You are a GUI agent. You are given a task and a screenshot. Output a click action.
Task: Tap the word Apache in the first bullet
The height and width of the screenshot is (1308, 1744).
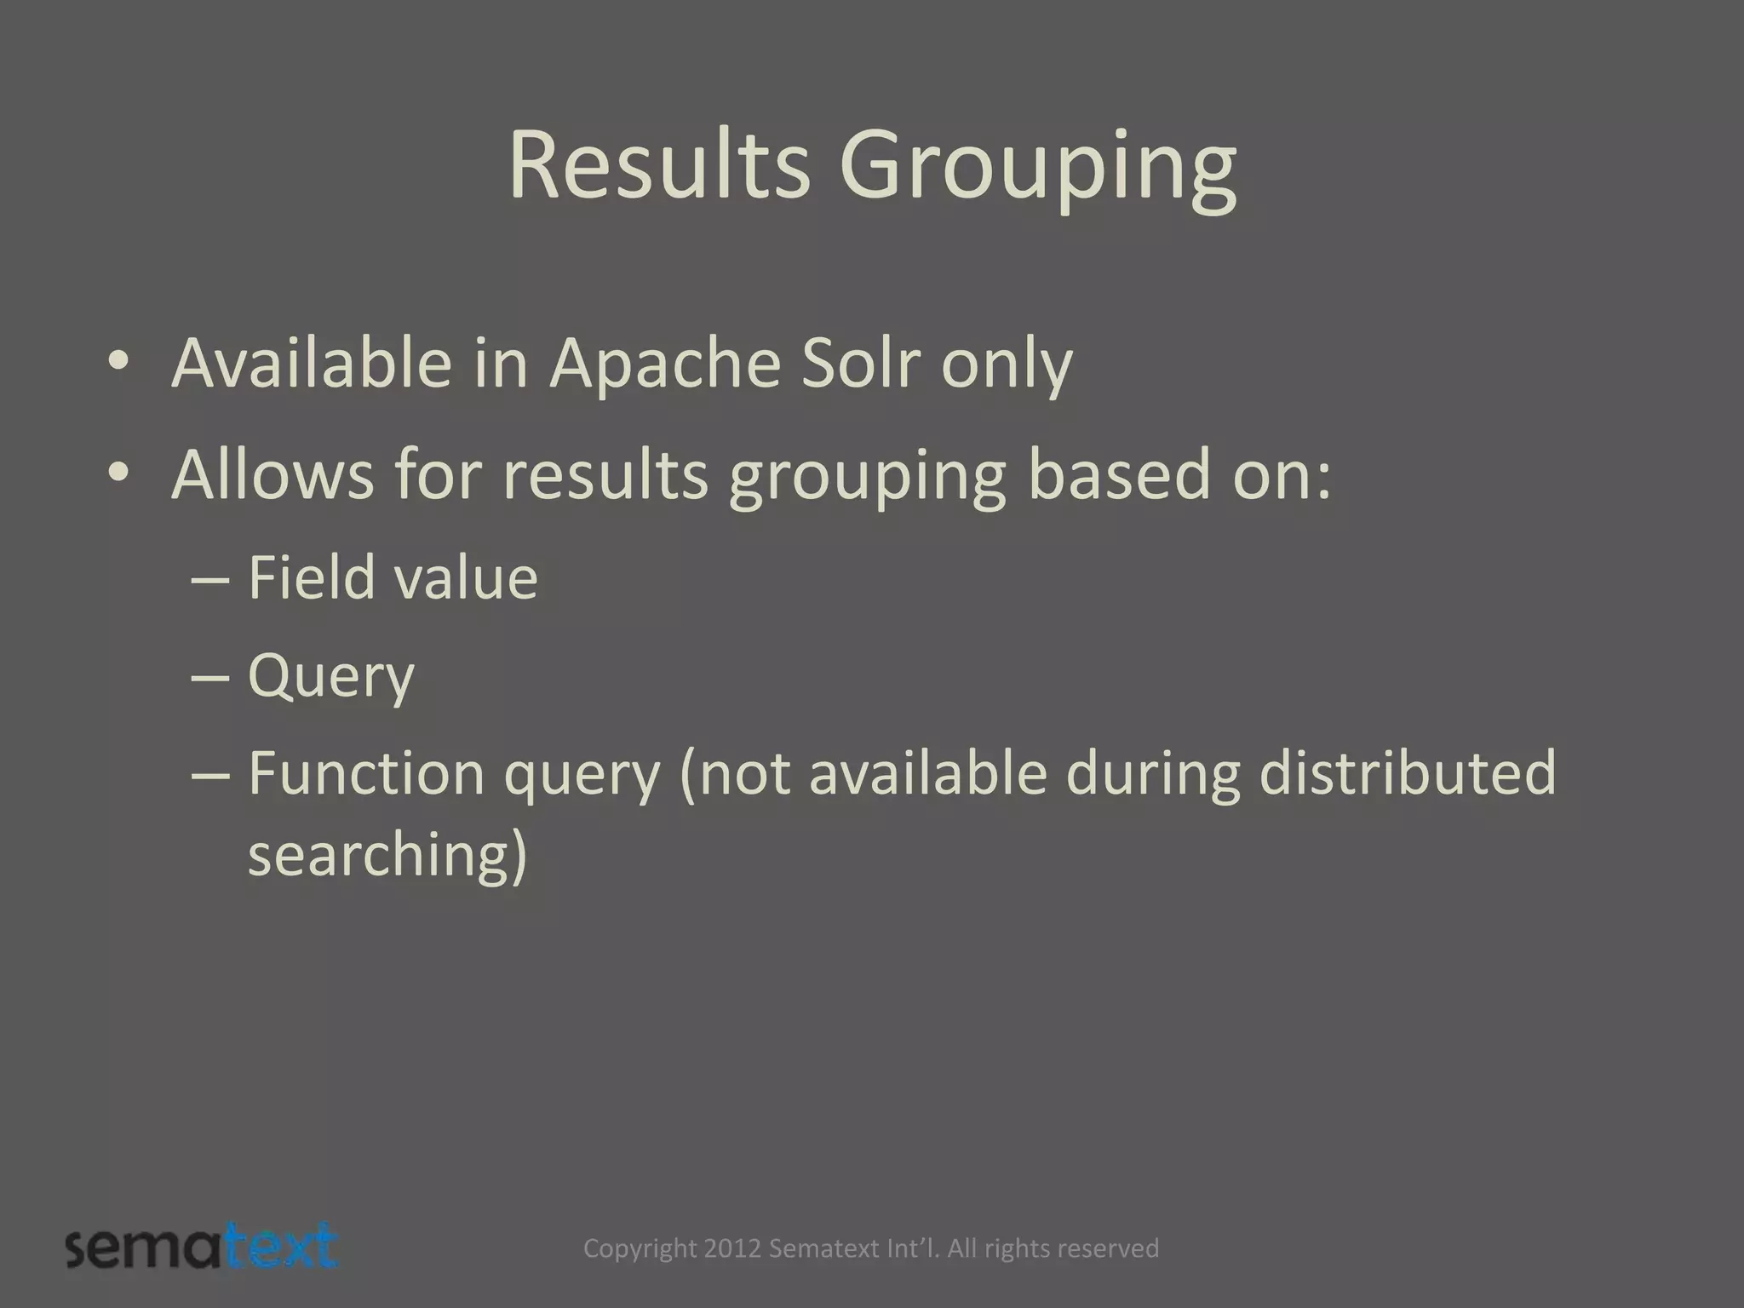click(664, 364)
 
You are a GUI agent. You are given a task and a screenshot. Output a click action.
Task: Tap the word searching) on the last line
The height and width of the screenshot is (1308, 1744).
click(387, 856)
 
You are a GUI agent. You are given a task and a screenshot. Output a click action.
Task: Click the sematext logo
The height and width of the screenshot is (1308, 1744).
click(202, 1248)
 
